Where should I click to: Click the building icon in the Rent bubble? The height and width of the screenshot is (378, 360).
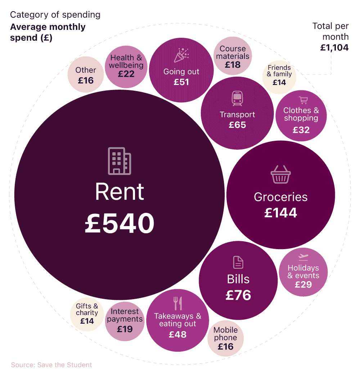tap(120, 161)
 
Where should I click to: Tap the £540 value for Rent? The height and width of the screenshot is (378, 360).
tap(120, 223)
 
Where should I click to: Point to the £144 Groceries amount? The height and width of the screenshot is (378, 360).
tap(281, 213)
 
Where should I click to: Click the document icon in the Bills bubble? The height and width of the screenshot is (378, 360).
tap(238, 262)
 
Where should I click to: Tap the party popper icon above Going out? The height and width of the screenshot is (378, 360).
tap(181, 55)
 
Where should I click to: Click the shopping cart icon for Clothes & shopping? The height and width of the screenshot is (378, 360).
tap(303, 100)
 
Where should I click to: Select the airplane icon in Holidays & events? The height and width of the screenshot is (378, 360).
tap(303, 257)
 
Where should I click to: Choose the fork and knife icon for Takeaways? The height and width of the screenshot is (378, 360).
tap(178, 303)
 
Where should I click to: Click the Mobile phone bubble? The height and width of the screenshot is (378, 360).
tap(226, 338)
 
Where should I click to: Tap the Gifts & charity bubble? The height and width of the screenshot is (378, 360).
tap(87, 314)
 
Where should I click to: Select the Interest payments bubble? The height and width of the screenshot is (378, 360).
tap(125, 320)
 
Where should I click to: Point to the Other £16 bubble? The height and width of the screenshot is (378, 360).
tap(86, 75)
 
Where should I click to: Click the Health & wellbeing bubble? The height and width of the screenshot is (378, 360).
tap(126, 66)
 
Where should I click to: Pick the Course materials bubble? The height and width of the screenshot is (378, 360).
tap(233, 57)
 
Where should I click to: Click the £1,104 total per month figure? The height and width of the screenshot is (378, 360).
tap(334, 47)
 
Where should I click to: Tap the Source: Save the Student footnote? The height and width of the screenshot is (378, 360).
tap(51, 365)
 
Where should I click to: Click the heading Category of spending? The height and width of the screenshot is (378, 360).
tap(55, 15)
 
